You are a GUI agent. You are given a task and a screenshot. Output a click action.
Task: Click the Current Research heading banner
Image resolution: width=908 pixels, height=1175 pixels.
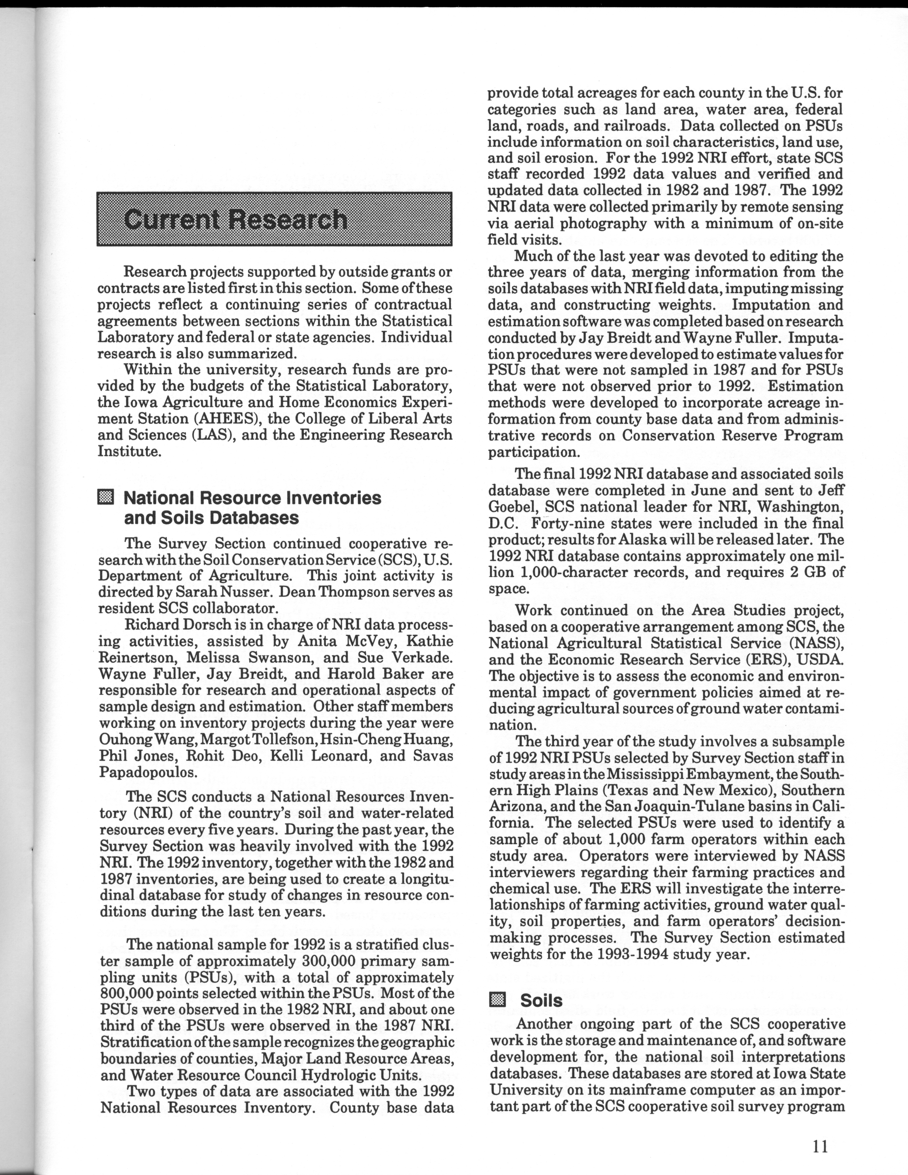click(274, 219)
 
